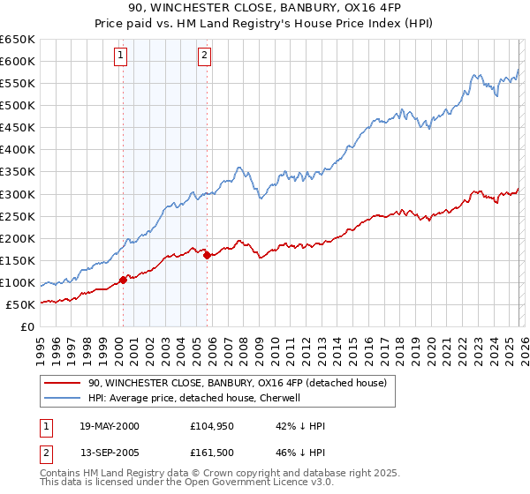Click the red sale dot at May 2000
click(124, 280)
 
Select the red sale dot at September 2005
click(207, 255)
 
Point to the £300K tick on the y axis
click(19, 194)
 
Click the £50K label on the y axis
click(19, 304)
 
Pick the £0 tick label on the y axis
click(28, 326)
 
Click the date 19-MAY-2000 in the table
click(110, 426)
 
